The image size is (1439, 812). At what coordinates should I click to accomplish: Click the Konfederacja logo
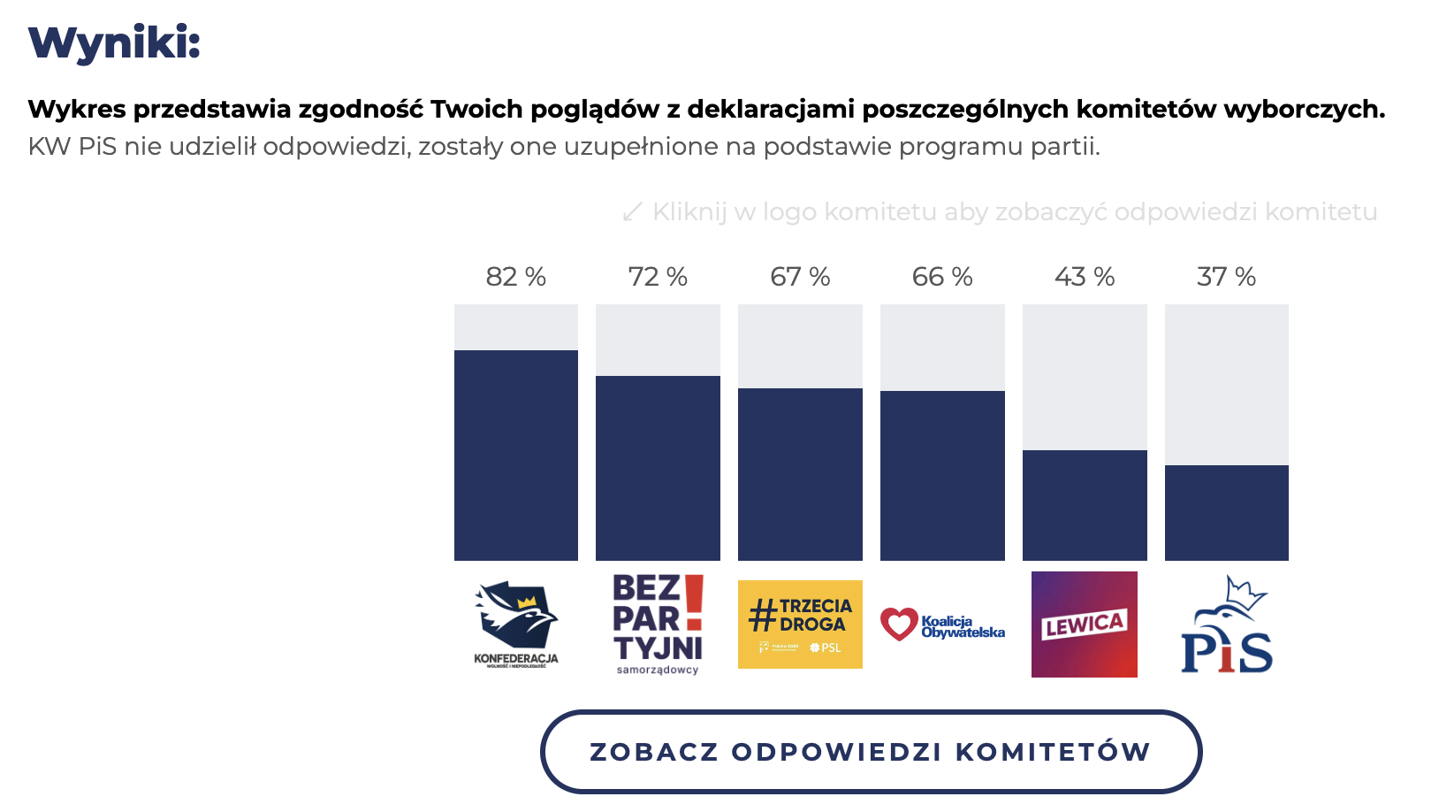[x=516, y=624]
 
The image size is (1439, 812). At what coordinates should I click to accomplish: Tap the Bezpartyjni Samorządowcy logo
[x=659, y=624]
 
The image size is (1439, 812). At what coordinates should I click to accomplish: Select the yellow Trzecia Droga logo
[x=800, y=624]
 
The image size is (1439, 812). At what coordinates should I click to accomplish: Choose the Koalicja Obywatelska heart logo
[x=942, y=624]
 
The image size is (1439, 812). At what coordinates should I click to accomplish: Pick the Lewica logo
[x=1085, y=624]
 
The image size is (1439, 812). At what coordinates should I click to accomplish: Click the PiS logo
[x=1227, y=624]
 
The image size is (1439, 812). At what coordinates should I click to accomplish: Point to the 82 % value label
[x=516, y=277]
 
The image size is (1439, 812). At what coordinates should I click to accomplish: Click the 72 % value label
[x=659, y=277]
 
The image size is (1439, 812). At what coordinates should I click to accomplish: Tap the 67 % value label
[x=800, y=277]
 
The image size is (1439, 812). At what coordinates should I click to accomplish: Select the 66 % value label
[x=942, y=277]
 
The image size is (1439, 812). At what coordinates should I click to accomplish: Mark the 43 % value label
[x=1085, y=277]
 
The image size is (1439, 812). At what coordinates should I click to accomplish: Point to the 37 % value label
[x=1227, y=277]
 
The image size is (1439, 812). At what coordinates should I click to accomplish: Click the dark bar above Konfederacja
[x=516, y=456]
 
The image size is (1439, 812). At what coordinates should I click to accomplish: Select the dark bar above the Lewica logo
[x=1085, y=505]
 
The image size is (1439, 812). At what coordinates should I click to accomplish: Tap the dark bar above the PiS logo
[x=1227, y=513]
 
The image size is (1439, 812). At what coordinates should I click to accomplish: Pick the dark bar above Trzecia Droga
[x=800, y=474]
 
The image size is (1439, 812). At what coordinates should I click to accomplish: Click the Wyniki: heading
[x=115, y=42]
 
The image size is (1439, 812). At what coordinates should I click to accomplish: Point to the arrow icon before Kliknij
[x=632, y=212]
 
